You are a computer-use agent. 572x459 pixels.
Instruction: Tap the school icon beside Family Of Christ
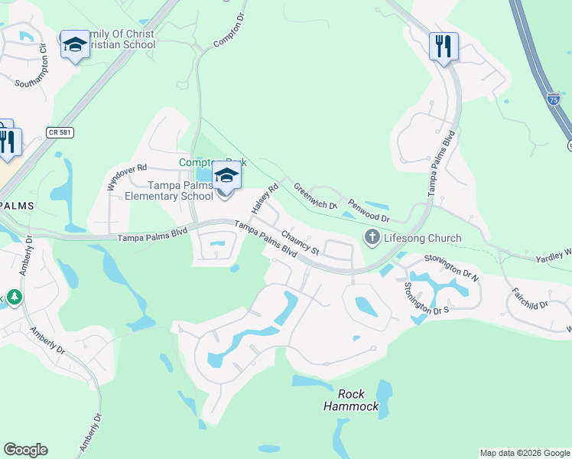click(75, 46)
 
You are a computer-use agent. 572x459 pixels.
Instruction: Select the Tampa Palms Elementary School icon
click(226, 177)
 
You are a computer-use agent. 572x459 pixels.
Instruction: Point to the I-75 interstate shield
click(553, 99)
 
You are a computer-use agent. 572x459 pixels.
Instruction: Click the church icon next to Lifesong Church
click(372, 238)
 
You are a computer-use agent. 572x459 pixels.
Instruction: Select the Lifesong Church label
click(422, 238)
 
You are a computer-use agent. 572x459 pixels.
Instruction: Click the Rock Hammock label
click(351, 400)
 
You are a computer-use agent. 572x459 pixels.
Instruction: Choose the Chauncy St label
click(299, 242)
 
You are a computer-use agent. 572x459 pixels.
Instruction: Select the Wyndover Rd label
click(125, 177)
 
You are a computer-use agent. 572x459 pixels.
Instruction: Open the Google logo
click(25, 450)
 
